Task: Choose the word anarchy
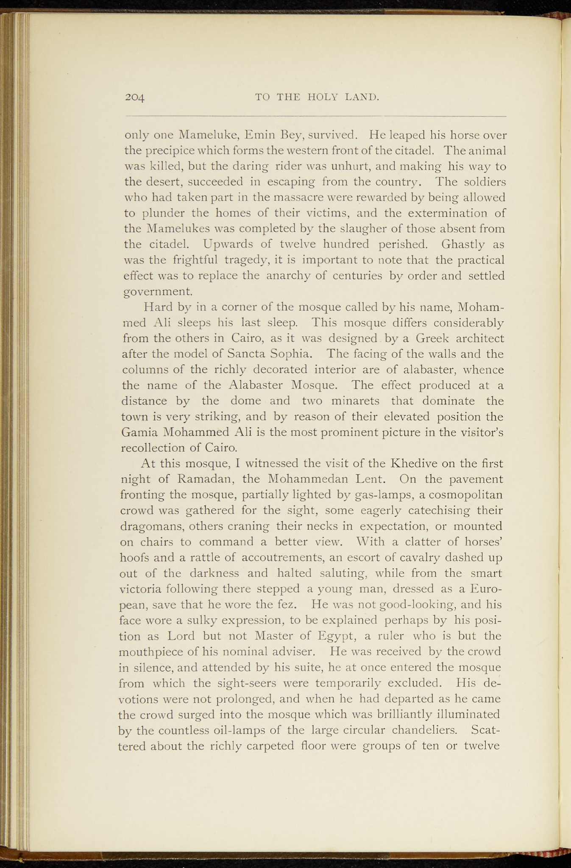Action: tap(292, 276)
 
